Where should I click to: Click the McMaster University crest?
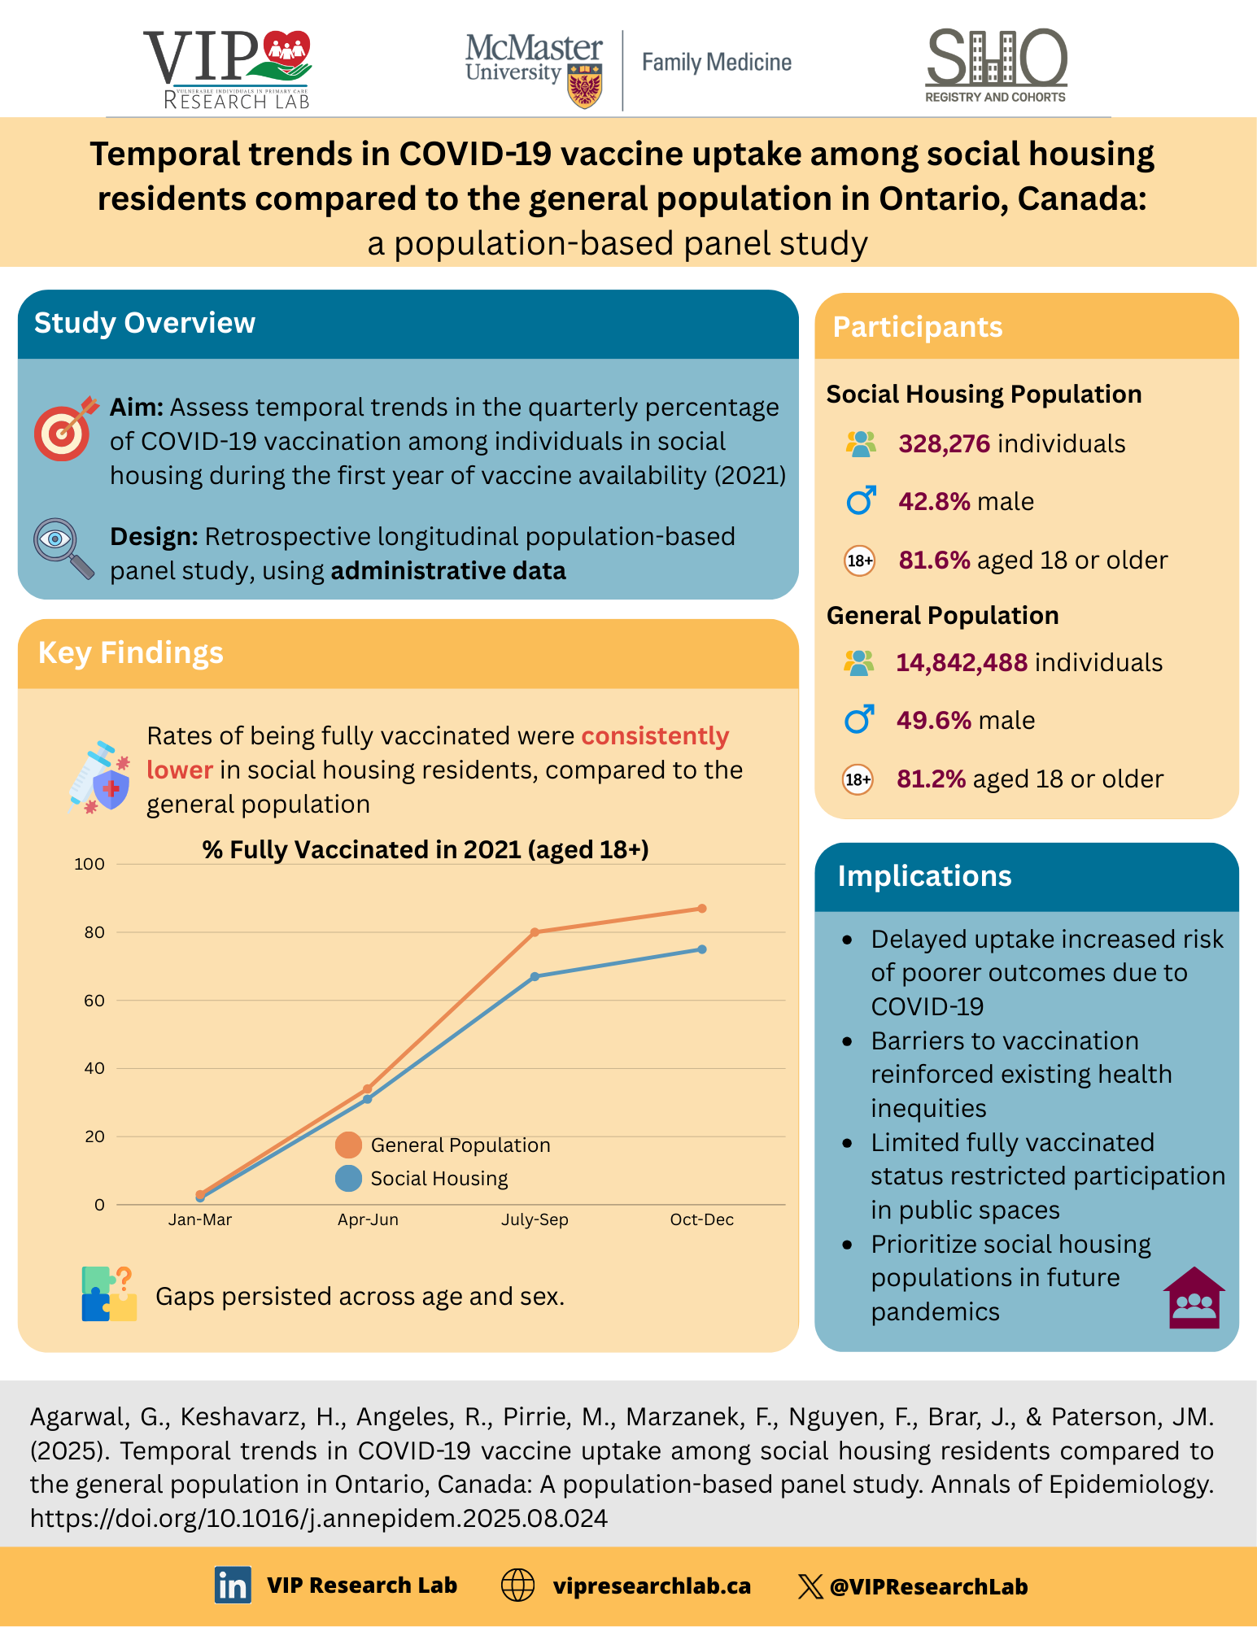click(x=585, y=88)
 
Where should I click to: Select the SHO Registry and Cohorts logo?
click(x=996, y=65)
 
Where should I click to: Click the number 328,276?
click(x=944, y=444)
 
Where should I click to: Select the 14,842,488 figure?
click(x=962, y=663)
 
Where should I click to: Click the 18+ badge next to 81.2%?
click(x=858, y=779)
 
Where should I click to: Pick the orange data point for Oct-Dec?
click(x=702, y=909)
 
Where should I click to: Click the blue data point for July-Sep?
click(x=535, y=976)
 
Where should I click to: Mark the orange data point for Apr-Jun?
click(x=368, y=1088)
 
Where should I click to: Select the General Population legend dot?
click(x=348, y=1145)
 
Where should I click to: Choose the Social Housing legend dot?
click(x=348, y=1179)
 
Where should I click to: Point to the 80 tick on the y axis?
click(x=94, y=932)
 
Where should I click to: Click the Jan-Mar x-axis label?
click(x=200, y=1219)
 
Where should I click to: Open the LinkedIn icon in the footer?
click(x=233, y=1586)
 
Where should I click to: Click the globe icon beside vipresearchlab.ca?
click(x=517, y=1586)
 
